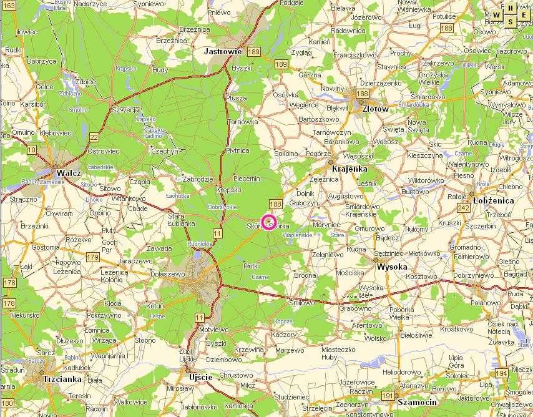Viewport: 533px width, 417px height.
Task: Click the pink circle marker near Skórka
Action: pos(269,222)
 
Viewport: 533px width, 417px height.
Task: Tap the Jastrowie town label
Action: pos(223,52)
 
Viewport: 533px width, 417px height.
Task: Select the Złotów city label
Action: pos(375,108)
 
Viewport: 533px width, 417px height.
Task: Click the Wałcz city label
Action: pos(69,172)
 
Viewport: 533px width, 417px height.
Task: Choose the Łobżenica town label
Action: pos(493,200)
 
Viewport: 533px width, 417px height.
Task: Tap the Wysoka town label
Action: pos(392,267)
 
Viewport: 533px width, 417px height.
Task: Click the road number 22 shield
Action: pos(94,137)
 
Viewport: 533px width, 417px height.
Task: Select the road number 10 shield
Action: pos(31,149)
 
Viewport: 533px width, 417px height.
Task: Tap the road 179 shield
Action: pos(93,257)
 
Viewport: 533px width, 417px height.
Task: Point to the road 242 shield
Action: pos(463,208)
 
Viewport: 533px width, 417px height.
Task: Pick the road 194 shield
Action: pos(501,373)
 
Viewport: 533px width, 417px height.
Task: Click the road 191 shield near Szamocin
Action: pos(388,396)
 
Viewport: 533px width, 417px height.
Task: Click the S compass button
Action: pos(510,21)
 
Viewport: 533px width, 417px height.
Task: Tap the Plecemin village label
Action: pos(247,179)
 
